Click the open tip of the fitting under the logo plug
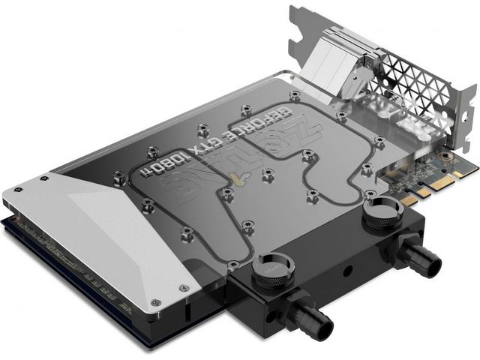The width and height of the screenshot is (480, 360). tap(322, 325)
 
